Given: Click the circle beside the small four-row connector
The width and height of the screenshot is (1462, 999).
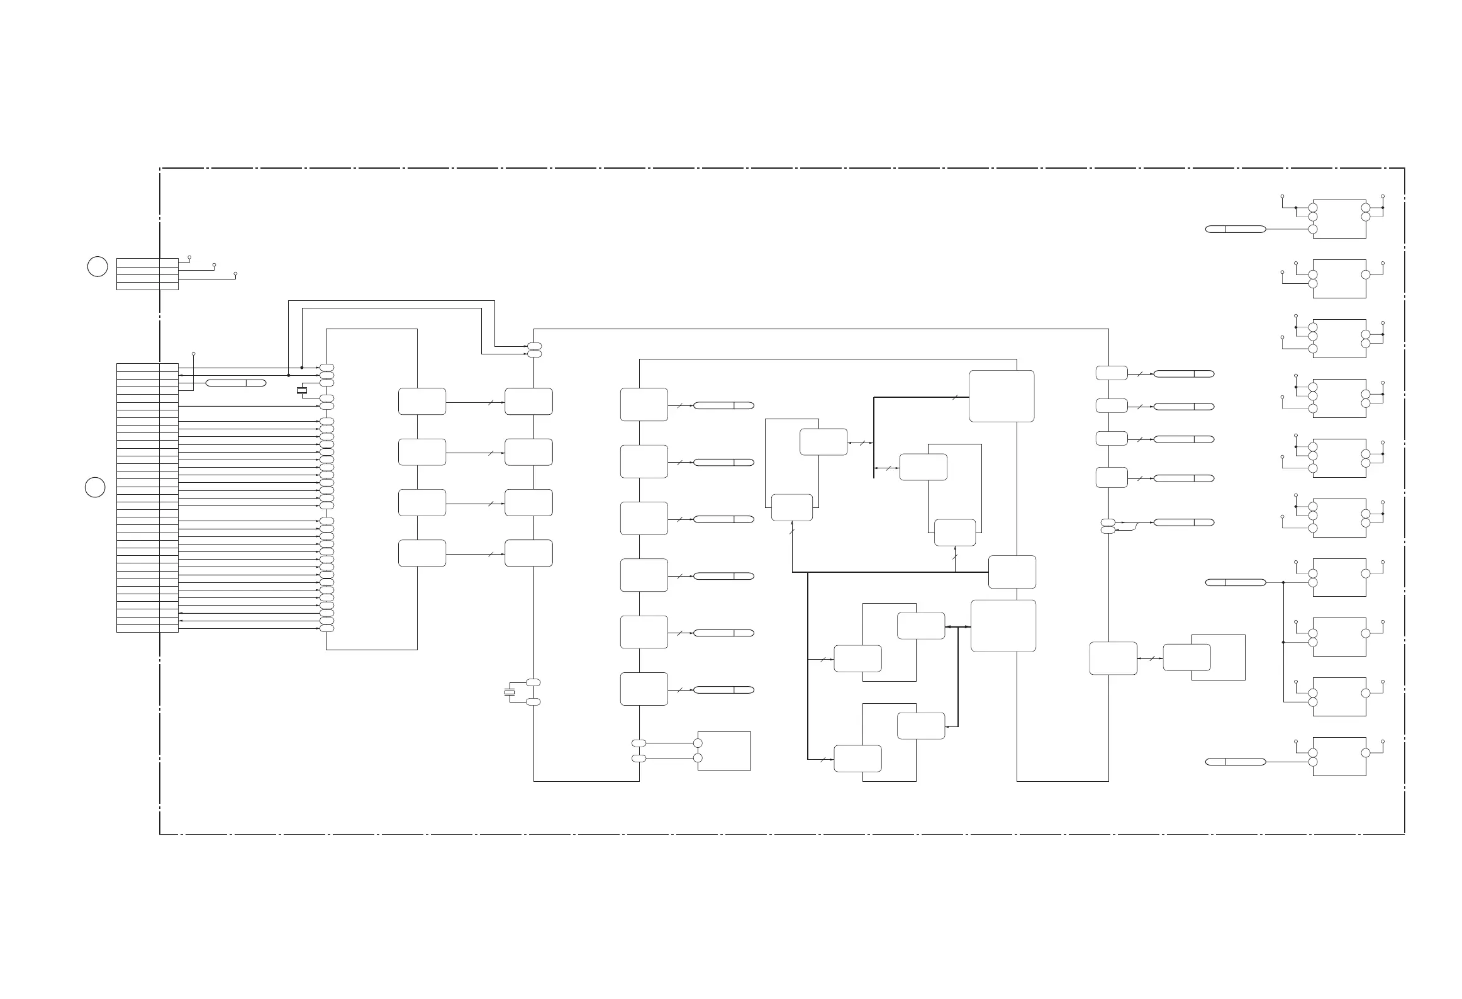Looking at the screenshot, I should point(97,266).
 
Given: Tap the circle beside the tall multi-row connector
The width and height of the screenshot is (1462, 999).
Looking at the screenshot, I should point(95,487).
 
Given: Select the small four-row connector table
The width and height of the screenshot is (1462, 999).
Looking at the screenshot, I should point(147,274).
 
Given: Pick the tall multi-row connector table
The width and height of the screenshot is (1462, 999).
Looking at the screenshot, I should point(147,497).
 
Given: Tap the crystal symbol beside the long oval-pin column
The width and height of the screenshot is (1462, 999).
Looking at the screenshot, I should point(302,391).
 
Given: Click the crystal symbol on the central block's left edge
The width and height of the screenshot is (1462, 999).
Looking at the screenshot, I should point(510,692).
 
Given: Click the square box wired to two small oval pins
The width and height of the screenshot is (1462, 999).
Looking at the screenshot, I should point(724,750).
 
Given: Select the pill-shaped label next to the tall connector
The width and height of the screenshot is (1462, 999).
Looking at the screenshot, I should point(236,383).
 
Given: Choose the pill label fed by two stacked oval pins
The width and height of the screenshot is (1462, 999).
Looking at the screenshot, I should point(1183,522).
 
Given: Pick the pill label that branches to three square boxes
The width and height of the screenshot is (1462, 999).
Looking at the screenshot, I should point(1236,582).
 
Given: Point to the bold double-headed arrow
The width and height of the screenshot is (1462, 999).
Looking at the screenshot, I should point(958,627).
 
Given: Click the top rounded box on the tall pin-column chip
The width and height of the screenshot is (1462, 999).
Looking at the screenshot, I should point(422,402).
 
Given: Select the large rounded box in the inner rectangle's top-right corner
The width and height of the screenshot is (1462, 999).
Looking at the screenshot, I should point(1002,396).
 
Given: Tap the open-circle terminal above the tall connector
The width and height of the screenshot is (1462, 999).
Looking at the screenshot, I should point(193,354).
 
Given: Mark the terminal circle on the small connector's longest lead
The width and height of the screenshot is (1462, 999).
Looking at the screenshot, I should point(236,274).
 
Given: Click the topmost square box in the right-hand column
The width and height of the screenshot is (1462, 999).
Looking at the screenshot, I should point(1339,218).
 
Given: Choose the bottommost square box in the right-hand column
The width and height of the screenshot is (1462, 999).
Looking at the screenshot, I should point(1339,756).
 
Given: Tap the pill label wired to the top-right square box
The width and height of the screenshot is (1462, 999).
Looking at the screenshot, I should point(1236,229).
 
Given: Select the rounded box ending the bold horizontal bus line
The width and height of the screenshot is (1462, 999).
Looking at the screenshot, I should point(1012,572).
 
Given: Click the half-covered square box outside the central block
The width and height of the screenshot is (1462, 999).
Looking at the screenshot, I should point(1219,657).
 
